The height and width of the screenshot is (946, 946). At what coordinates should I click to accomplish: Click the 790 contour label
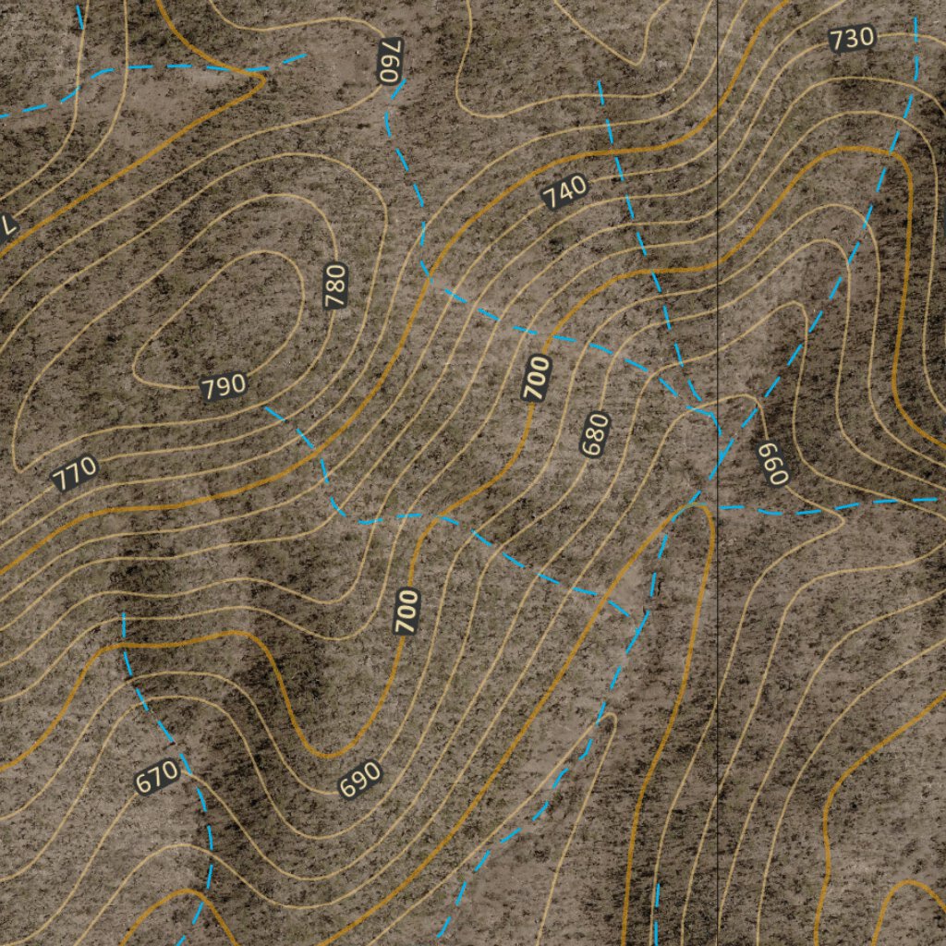coord(224,386)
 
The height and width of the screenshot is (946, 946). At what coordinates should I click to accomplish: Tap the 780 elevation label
coord(335,285)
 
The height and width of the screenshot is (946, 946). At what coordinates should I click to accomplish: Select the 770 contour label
coord(75,474)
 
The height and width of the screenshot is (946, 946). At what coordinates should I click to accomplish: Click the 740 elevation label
coord(564,191)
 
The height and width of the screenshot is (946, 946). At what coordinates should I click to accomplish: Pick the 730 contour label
coord(851,39)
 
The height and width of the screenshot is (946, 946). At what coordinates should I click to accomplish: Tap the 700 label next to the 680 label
coord(537,377)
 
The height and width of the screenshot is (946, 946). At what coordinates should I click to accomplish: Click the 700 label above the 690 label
coord(407,611)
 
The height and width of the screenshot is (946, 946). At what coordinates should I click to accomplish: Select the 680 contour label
coord(596,434)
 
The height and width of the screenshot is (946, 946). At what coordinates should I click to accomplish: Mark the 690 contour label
coord(360,779)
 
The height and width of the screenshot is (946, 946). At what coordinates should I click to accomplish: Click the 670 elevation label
coord(157,777)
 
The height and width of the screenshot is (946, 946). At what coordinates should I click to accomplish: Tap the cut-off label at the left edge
coord(7,224)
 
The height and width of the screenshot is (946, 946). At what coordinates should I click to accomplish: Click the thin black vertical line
coord(719,647)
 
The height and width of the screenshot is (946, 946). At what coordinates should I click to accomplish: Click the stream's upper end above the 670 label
coord(123,612)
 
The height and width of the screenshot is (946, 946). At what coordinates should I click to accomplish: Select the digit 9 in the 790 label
coord(224,386)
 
